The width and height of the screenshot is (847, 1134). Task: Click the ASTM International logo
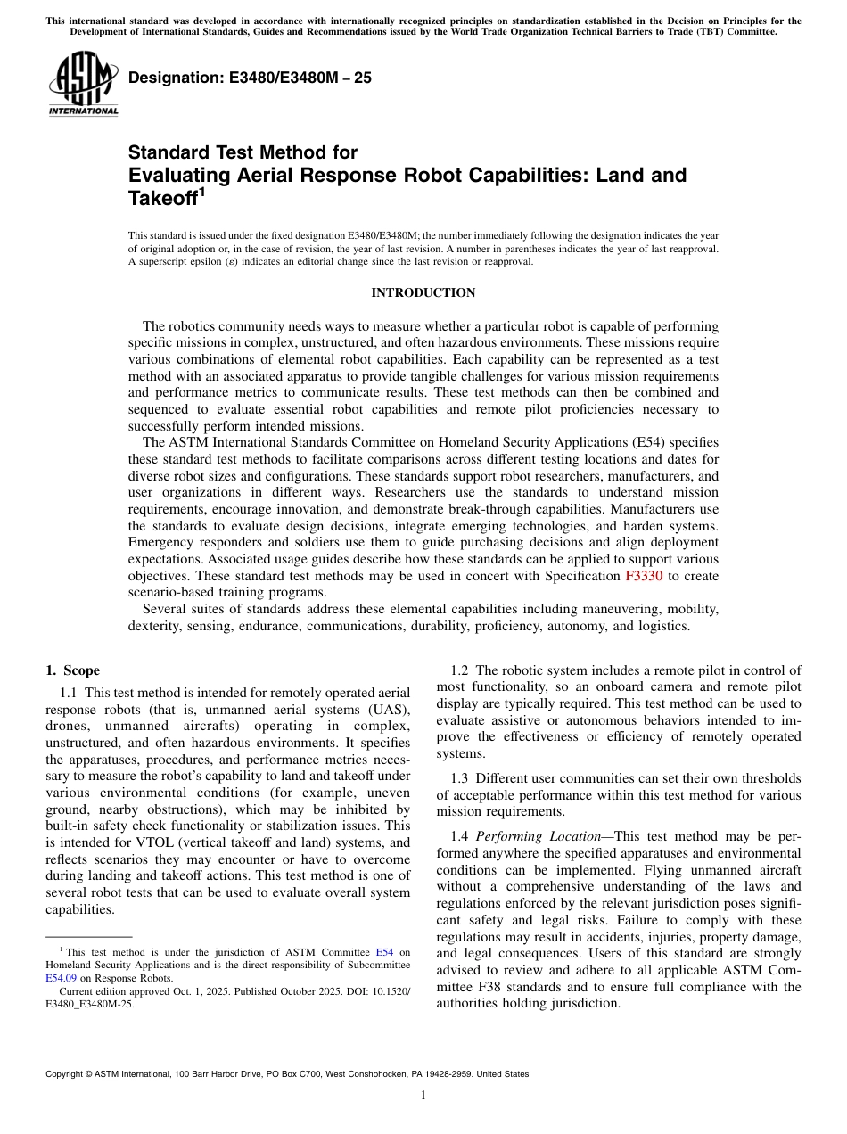[x=83, y=85]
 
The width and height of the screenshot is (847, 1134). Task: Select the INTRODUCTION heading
[x=423, y=293]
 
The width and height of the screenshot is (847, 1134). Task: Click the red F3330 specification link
[x=643, y=576]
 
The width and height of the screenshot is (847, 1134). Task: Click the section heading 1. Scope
[x=72, y=670]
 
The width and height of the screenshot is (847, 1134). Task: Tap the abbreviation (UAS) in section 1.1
[x=387, y=709]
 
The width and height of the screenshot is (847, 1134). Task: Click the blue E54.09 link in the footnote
[x=61, y=977]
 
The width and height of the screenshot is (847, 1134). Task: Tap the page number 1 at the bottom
[x=423, y=1096]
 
